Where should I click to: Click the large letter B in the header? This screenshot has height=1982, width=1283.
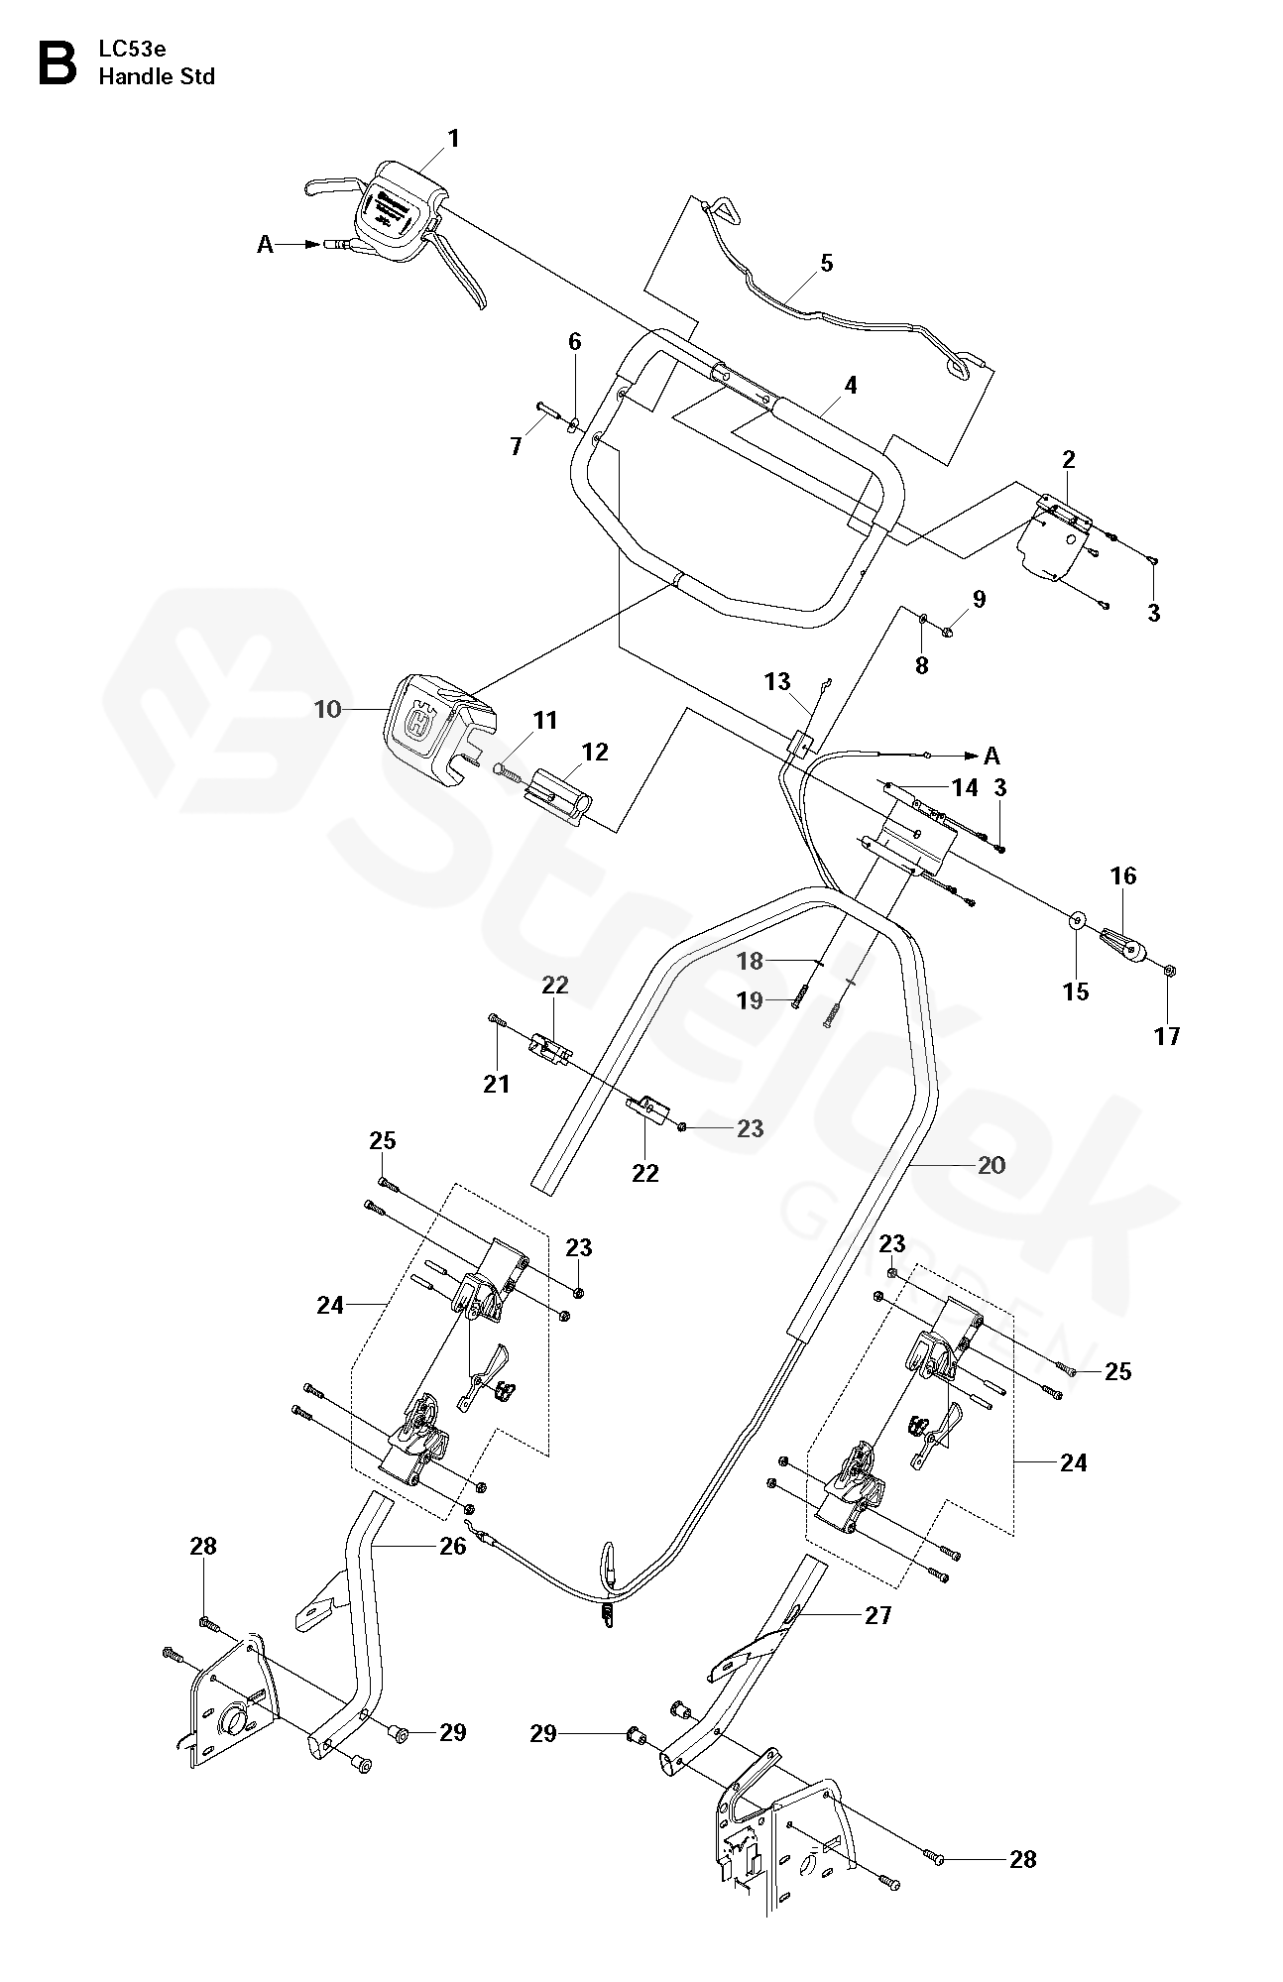[x=57, y=62]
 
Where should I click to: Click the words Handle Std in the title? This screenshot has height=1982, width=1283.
[x=157, y=76]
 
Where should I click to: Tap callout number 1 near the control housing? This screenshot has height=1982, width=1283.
[x=454, y=139]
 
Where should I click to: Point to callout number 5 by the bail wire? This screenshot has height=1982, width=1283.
[x=827, y=264]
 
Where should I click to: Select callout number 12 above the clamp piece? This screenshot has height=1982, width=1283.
[x=595, y=752]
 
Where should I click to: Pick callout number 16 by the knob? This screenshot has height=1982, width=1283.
[x=1123, y=875]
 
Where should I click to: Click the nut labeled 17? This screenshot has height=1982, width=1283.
[x=1168, y=970]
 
